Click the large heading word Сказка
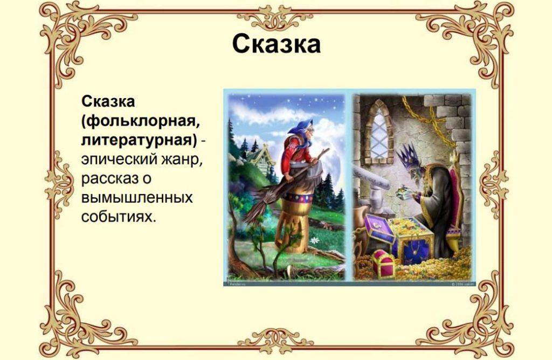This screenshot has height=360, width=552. click(x=277, y=44)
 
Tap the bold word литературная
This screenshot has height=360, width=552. click(x=137, y=141)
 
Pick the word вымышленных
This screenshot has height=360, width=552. click(x=137, y=198)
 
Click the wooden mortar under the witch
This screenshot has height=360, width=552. click(x=293, y=218)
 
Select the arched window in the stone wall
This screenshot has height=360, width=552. click(x=380, y=130)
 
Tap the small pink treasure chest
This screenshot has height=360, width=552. click(x=384, y=264)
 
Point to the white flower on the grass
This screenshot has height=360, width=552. click(x=314, y=241)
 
